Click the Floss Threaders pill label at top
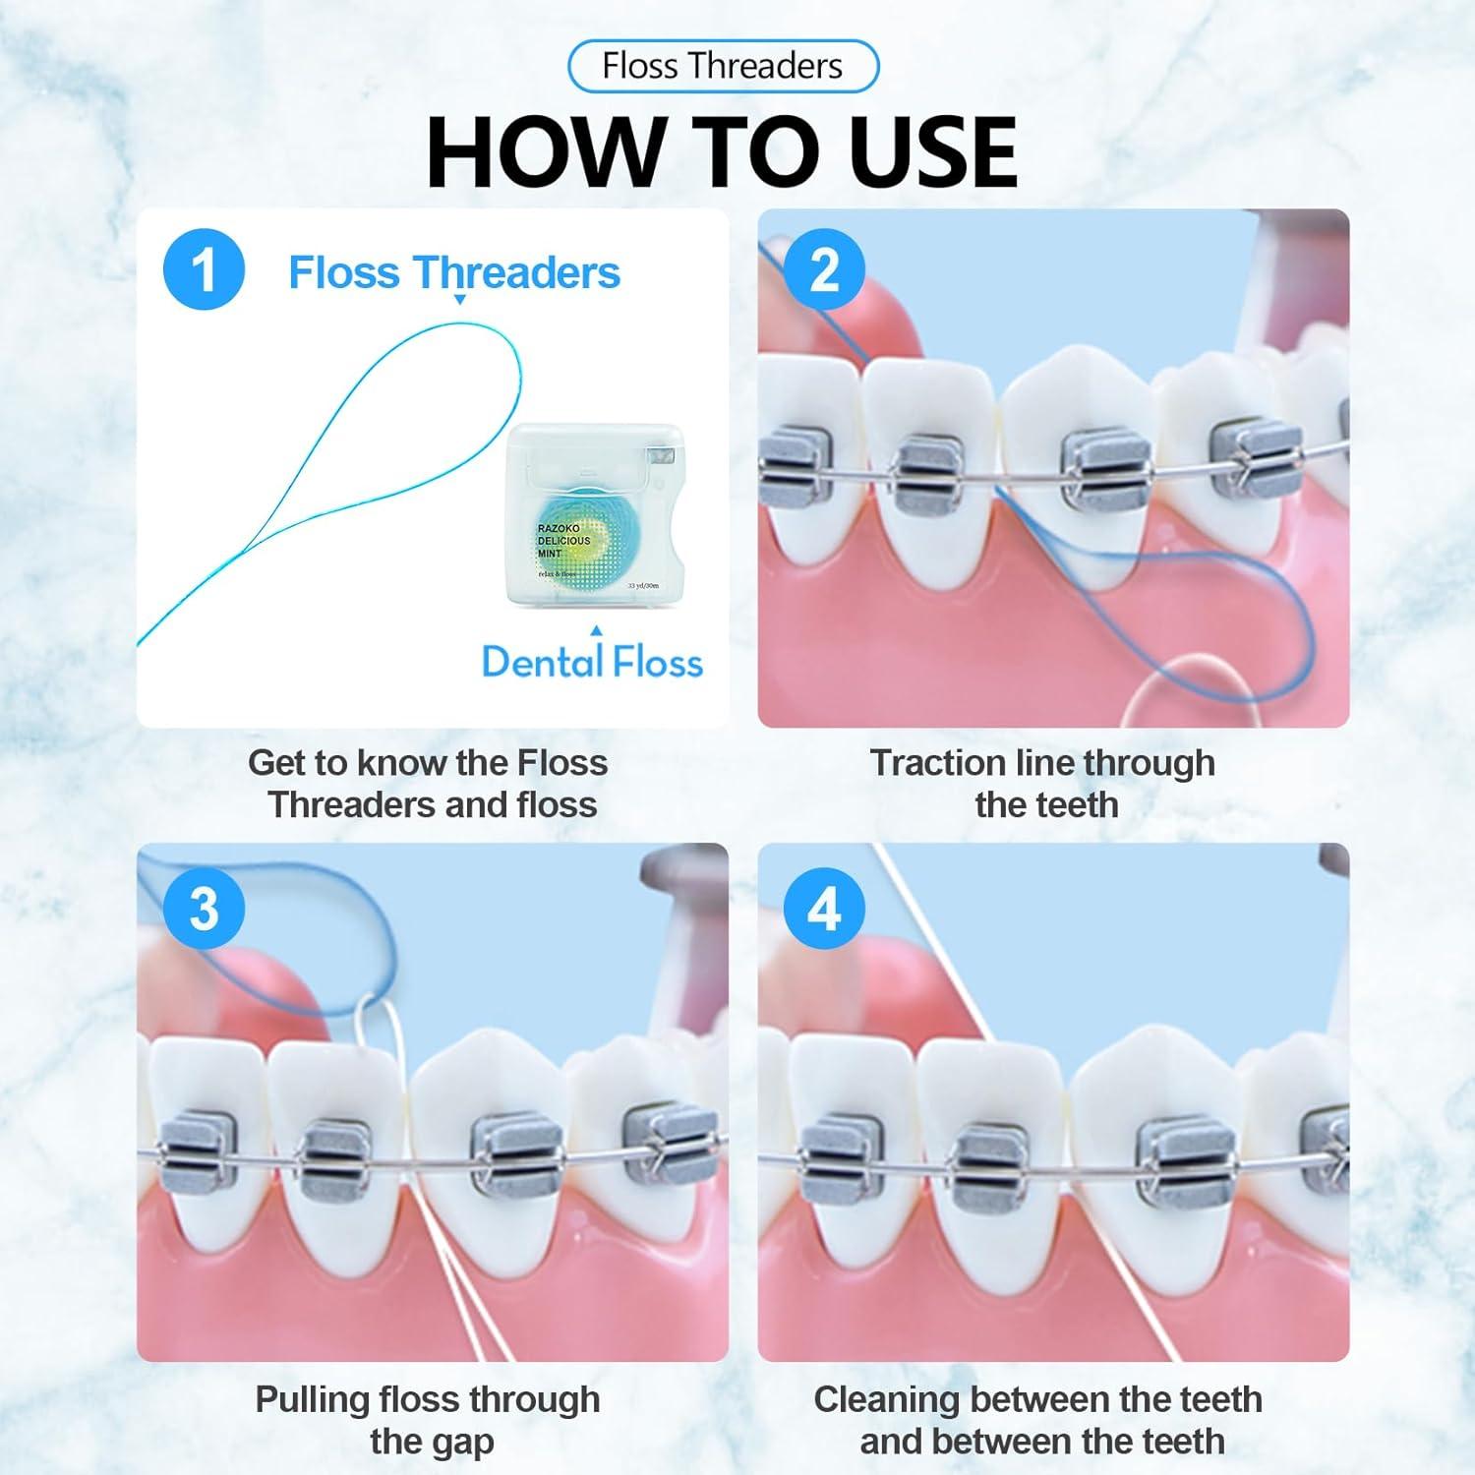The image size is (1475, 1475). (x=722, y=66)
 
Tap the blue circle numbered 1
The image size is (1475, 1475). (x=204, y=269)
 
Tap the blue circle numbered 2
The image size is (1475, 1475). (x=824, y=269)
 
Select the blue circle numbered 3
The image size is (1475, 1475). (x=204, y=907)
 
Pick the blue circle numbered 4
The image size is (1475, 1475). (x=824, y=907)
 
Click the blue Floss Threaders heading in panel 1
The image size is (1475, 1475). (x=453, y=272)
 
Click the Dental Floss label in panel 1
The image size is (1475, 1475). (x=592, y=662)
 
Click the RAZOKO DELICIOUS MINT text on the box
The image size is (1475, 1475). (x=563, y=541)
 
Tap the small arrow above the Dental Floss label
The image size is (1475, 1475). (x=595, y=630)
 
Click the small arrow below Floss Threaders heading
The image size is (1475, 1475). (x=458, y=299)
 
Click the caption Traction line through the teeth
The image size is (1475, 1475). (x=1043, y=783)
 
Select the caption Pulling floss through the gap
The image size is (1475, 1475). (x=429, y=1419)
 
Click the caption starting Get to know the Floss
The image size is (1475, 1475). (x=429, y=783)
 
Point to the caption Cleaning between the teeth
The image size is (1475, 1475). (x=1038, y=1419)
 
